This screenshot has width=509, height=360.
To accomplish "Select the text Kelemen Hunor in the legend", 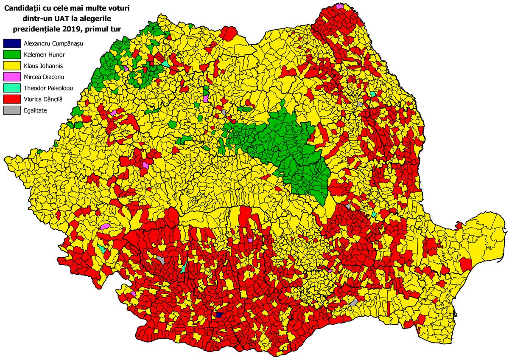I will click(42, 54).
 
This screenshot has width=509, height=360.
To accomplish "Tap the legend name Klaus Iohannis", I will click(40, 65).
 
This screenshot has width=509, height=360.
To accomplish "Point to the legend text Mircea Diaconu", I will click(42, 76).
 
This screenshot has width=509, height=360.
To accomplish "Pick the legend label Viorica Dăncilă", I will click(42, 98).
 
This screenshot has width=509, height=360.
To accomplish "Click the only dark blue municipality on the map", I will click(219, 315).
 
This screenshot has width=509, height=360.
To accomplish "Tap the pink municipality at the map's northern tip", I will click(339, 6).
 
